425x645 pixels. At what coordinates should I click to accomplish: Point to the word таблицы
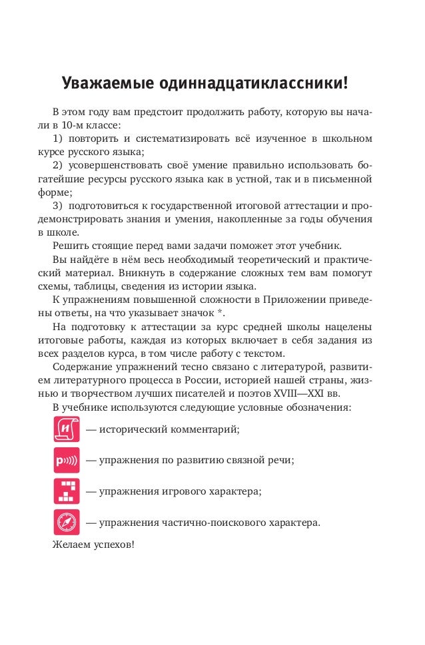105,286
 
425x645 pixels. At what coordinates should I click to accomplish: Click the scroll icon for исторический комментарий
67,428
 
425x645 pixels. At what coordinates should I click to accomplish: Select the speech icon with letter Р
67,460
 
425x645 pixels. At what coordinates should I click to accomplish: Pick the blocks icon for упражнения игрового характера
67,491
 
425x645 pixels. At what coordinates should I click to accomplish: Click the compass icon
67,522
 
